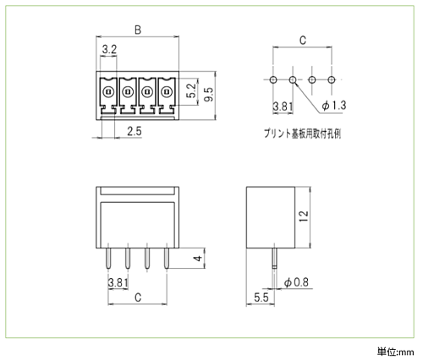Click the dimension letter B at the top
138,30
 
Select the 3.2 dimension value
109,50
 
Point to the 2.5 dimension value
135,131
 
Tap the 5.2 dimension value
191,90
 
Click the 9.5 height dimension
209,94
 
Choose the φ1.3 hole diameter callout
334,106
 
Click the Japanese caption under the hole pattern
302,134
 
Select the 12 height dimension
304,215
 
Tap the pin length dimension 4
199,258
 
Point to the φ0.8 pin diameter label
296,282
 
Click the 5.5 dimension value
261,297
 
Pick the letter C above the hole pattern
302,41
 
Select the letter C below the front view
138,297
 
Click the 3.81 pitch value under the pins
118,282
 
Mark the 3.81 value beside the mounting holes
283,106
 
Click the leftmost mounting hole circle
273,79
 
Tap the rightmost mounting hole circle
332,79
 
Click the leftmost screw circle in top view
108,92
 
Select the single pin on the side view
274,258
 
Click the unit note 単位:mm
396,352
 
